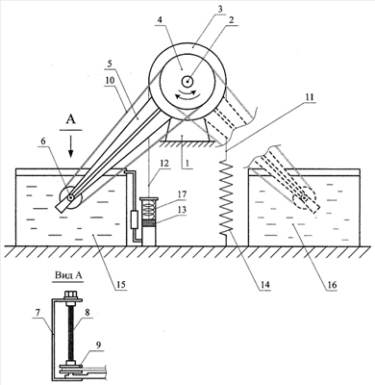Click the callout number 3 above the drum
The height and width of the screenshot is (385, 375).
(219, 9)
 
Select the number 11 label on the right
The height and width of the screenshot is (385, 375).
(310, 97)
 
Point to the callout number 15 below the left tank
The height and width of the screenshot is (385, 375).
(121, 285)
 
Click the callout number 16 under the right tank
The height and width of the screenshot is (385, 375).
(333, 285)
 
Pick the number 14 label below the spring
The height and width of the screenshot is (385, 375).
(265, 285)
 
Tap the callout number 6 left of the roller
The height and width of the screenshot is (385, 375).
(43, 141)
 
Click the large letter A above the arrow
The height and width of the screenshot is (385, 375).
(71, 120)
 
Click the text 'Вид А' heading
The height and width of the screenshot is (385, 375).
(69, 275)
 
